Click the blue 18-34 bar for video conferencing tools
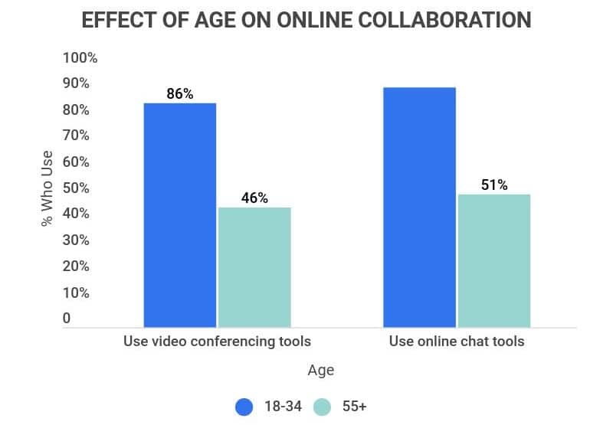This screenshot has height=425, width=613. point(180,214)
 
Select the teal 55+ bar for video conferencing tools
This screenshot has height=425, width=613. point(254,266)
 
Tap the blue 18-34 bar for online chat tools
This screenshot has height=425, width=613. point(419,207)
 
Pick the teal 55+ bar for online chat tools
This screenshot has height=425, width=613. point(494,260)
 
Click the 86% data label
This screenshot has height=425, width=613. point(180,94)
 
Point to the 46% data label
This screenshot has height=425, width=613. point(254,198)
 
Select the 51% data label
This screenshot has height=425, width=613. point(494,185)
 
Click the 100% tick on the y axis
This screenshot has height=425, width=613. point(80,58)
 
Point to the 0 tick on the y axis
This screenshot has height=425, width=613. point(67,319)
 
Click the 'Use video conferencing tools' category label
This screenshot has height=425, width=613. point(218,341)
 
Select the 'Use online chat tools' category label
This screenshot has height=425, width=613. point(457,341)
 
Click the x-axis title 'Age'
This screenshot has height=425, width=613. point(320,371)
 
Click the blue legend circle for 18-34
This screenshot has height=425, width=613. point(244,407)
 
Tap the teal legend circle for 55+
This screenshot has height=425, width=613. point(322,407)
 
